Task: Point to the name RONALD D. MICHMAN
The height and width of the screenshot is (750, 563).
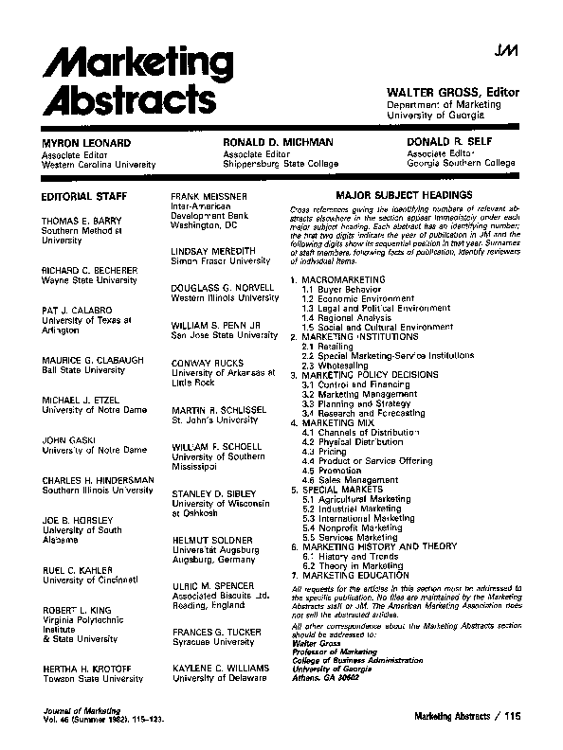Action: [279, 142]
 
